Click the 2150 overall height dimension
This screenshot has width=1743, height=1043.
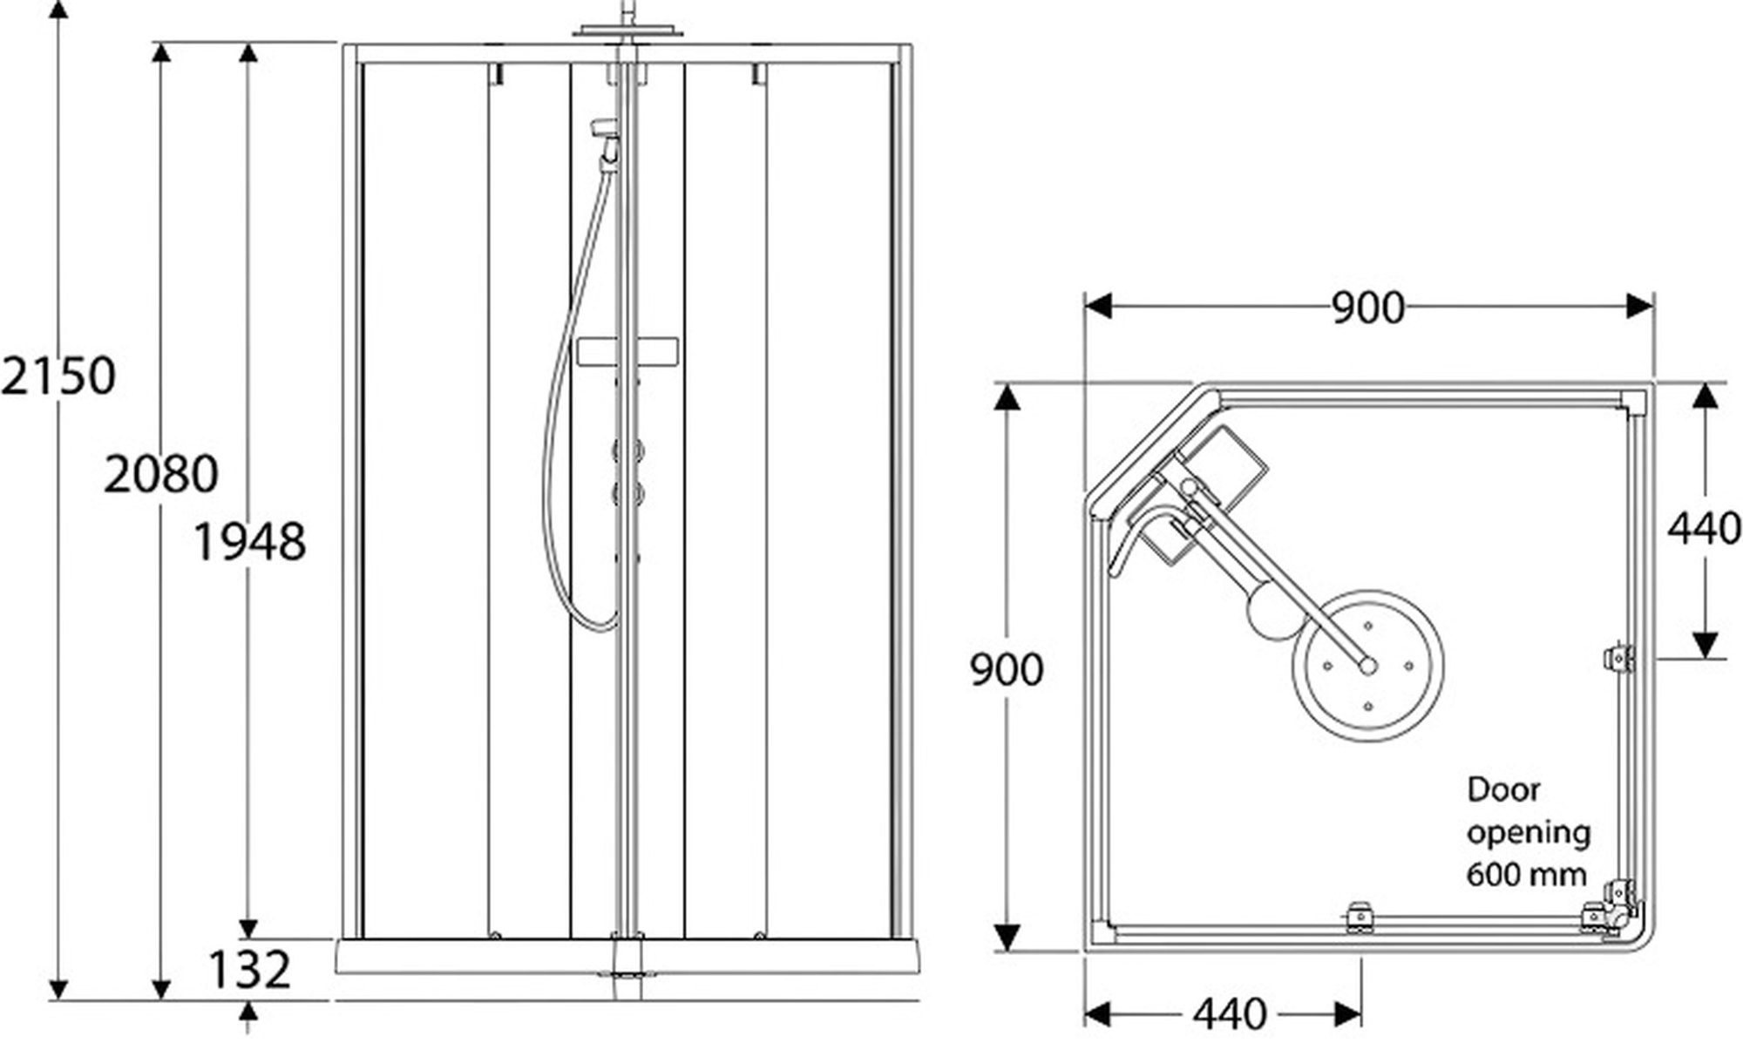point(58,376)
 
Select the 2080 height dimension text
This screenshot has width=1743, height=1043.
point(161,475)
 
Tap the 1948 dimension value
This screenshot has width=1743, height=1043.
point(249,541)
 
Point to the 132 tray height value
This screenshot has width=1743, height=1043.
point(249,969)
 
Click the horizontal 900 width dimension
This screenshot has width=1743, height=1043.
point(1368,308)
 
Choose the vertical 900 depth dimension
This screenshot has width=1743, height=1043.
point(1007,669)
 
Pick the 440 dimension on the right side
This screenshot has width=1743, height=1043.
point(1705,528)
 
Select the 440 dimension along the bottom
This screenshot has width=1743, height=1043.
point(1230,1013)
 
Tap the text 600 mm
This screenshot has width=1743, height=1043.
point(1526,873)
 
